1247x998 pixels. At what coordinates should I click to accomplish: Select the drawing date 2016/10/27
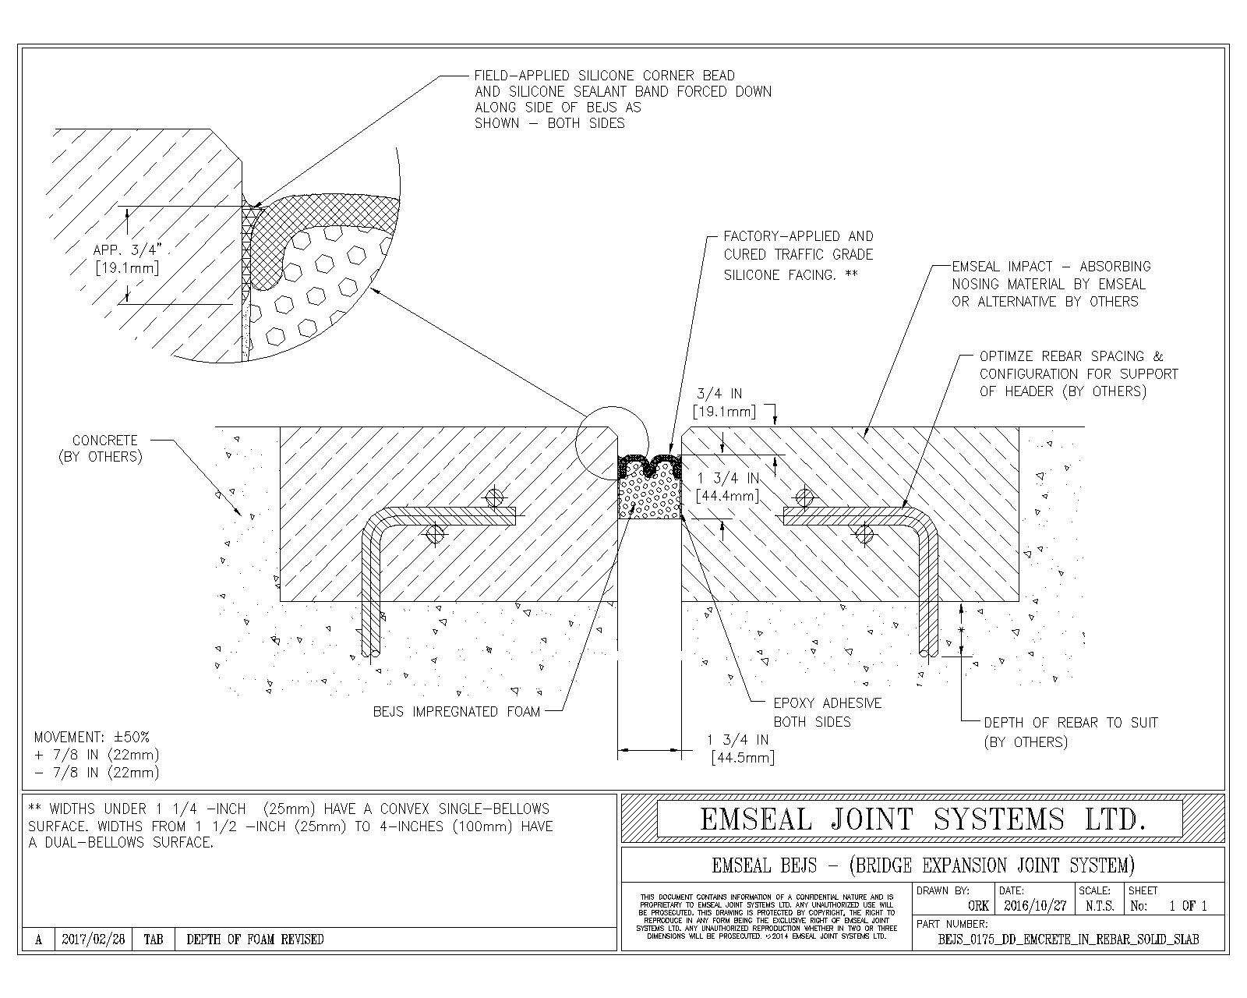coord(1034,906)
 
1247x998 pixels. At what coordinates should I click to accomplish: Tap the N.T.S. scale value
coord(1100,906)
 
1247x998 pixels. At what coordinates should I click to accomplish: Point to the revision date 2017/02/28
coord(93,940)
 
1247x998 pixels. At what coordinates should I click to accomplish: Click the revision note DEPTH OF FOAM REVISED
coord(255,940)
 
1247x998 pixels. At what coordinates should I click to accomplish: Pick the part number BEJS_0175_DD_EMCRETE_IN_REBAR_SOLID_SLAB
coord(1069,940)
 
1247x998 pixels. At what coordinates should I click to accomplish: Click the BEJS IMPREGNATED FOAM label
coord(456,711)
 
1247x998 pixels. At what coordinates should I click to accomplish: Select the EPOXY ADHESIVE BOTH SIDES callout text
coord(827,712)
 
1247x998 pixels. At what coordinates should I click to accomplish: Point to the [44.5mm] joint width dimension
coord(742,758)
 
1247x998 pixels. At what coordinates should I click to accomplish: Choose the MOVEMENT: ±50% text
coord(92,737)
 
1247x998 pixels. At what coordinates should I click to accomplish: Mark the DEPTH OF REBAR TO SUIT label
coord(1070,723)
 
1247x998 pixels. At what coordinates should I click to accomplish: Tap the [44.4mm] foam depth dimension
coord(726,495)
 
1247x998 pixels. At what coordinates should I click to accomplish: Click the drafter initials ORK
coord(978,906)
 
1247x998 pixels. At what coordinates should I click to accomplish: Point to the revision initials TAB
coord(154,940)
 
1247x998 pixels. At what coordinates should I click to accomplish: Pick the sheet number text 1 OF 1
coord(1188,906)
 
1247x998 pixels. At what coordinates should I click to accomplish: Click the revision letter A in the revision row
coord(38,940)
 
